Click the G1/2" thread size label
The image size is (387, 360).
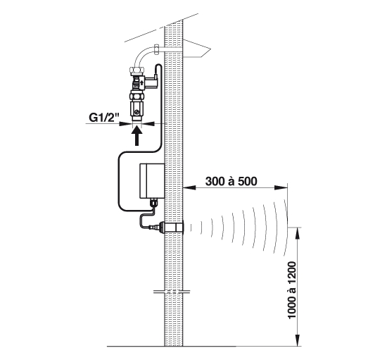[x=104, y=118]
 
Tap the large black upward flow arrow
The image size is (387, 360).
[x=137, y=137]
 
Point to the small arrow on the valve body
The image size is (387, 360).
[x=142, y=82]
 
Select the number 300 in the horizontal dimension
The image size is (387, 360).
[x=215, y=181]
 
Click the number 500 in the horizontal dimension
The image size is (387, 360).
[x=248, y=181]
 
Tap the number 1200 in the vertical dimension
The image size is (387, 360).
[x=292, y=273]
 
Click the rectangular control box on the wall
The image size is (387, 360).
[x=152, y=181]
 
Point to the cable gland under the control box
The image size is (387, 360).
[x=153, y=203]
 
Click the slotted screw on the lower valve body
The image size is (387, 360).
[x=136, y=113]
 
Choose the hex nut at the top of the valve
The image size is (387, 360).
[x=137, y=70]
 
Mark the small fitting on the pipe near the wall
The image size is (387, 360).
[x=156, y=49]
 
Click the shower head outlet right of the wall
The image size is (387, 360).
[x=197, y=49]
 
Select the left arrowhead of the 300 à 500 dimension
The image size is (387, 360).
[x=189, y=188]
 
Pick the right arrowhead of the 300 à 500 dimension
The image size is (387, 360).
[x=281, y=188]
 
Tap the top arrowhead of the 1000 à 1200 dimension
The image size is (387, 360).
[x=298, y=233]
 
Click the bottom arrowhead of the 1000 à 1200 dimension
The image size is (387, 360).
[x=298, y=340]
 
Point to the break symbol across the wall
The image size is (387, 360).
[x=172, y=292]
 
